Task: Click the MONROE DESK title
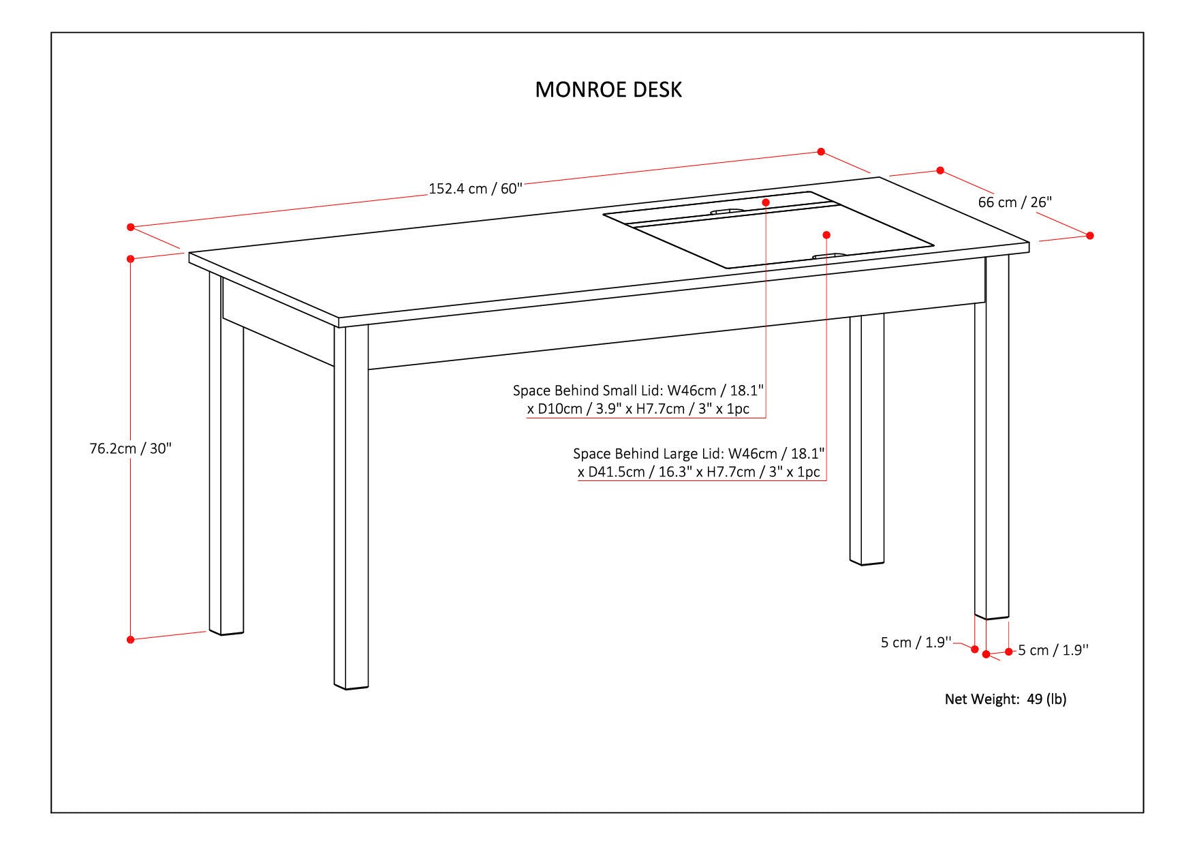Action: tap(608, 90)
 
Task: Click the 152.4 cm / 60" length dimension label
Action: tap(475, 189)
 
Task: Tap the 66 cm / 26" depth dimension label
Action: tap(1014, 202)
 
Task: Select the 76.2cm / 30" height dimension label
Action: tap(131, 448)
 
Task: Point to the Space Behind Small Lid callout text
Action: tap(638, 399)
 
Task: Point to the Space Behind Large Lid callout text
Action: tap(699, 463)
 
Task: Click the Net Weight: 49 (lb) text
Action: tap(1005, 698)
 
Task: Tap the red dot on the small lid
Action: tap(766, 202)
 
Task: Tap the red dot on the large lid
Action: tap(826, 235)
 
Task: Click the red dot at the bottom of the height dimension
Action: tap(130, 639)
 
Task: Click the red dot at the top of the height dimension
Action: tap(130, 258)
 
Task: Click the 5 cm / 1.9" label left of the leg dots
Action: tap(915, 643)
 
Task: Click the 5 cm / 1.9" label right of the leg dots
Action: tap(1053, 651)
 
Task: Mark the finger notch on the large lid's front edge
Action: tap(828, 256)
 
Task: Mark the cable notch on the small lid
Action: tap(728, 211)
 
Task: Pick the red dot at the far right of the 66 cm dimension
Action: tap(1089, 235)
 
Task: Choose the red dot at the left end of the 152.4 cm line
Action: tap(130, 227)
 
